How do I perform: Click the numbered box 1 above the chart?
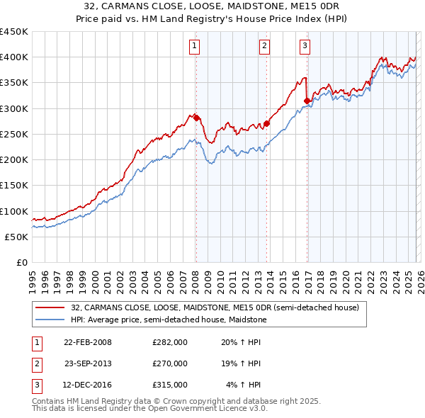coord(194,47)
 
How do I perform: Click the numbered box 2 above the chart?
coord(264,47)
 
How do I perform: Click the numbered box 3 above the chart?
coord(305,47)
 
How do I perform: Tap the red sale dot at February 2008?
coord(196,118)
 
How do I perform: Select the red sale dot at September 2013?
coord(267,123)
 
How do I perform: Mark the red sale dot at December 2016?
coord(307,101)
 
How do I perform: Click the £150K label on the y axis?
coord(14,185)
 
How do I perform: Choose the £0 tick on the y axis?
coord(21,262)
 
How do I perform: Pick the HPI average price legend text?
coord(176,320)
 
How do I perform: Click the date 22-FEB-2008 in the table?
coord(88,341)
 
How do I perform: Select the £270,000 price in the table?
coord(169,363)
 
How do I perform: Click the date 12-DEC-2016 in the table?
coord(88,385)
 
